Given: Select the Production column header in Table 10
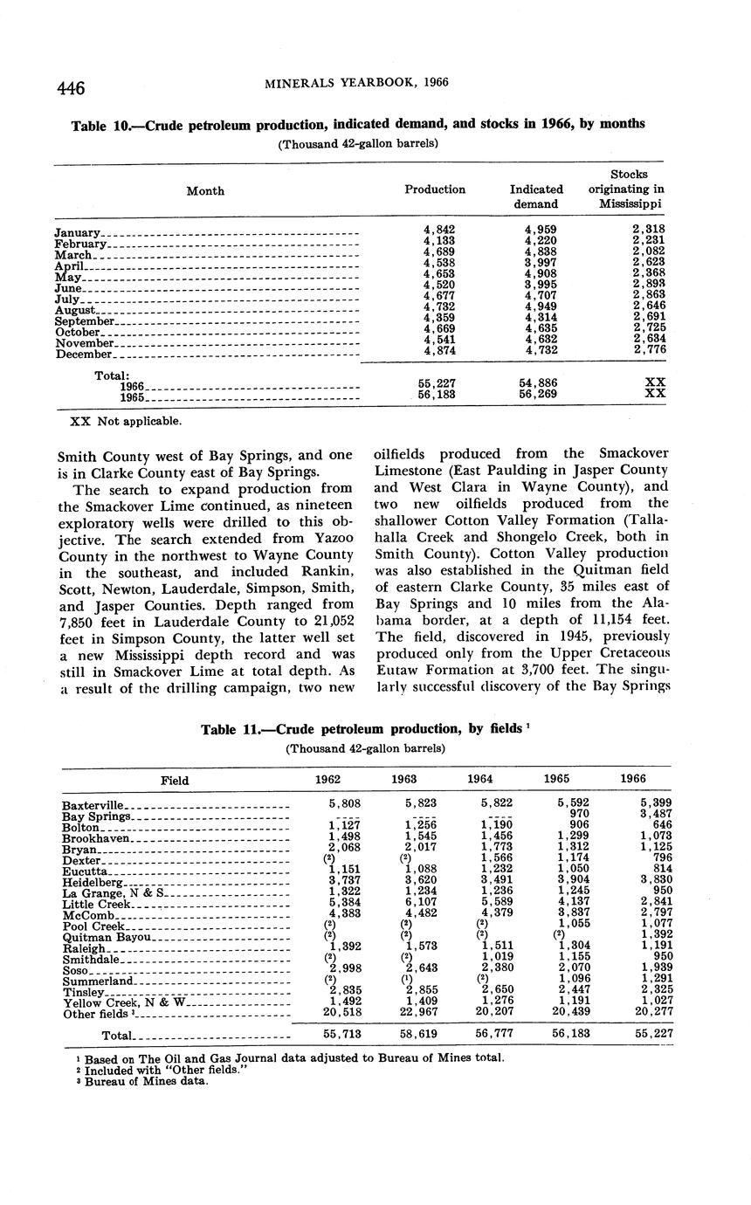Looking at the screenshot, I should click(435, 189).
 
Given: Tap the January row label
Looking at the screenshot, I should click(78, 232).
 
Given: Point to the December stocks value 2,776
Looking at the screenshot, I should click(648, 350).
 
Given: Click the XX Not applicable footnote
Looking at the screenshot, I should click(126, 421).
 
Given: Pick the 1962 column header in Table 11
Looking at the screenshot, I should click(328, 779).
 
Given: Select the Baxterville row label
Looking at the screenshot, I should click(94, 805).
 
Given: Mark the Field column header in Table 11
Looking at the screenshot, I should click(175, 780).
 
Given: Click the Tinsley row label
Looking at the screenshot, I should click(83, 992).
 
